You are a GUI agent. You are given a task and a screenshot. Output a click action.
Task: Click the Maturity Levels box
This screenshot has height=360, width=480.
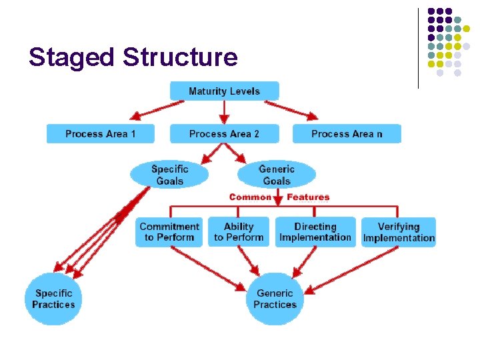click(224, 91)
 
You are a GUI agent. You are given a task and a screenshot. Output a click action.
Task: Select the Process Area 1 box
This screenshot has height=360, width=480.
click(100, 134)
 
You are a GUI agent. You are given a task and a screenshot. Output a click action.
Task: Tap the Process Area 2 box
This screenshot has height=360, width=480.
click(224, 134)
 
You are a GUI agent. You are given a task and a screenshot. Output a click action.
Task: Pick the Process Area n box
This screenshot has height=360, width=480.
click(347, 134)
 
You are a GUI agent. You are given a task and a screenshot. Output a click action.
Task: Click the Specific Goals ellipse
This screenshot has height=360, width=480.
click(169, 175)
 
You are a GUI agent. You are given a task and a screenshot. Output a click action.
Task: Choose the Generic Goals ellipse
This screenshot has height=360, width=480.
click(276, 175)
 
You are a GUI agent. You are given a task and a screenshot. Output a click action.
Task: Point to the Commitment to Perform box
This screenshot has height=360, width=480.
click(169, 232)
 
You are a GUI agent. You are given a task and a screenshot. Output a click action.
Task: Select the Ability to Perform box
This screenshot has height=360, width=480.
click(239, 232)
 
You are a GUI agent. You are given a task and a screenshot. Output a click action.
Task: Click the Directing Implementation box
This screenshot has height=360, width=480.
click(315, 232)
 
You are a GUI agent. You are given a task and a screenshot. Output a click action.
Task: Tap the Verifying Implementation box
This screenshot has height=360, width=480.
click(399, 232)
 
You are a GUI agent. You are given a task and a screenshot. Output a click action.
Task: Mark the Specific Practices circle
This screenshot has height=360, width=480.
click(53, 299)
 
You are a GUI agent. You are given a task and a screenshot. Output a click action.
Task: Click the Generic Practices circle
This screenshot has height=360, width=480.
click(275, 299)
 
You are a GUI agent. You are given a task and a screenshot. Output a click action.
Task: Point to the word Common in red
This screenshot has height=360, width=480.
click(250, 197)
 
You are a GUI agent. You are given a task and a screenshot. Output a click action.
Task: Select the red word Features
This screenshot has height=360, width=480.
click(308, 197)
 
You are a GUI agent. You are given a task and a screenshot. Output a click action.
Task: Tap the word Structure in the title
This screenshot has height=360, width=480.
click(180, 57)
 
